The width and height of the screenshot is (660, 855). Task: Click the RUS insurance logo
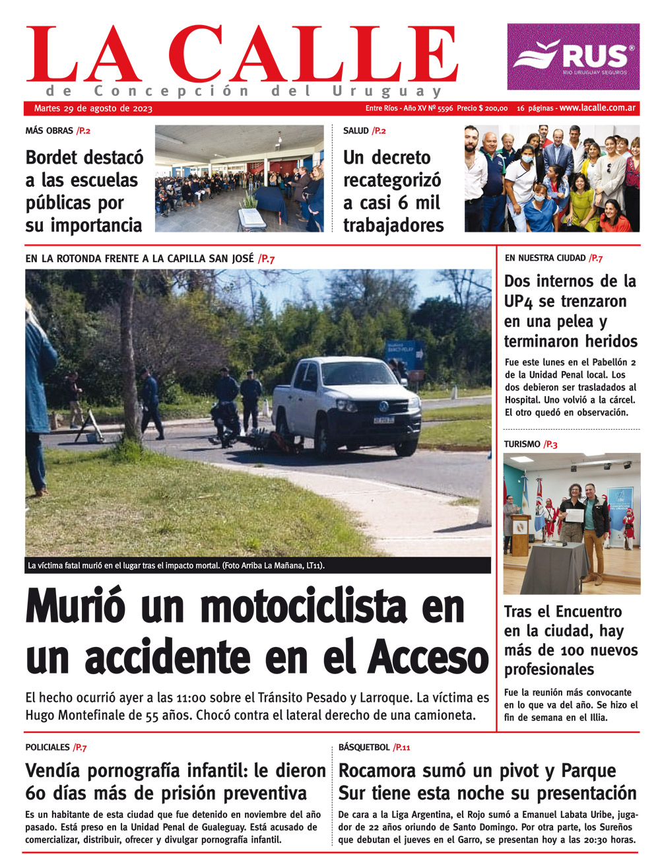coord(573,57)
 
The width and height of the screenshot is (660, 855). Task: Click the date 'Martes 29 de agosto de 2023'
coord(93,108)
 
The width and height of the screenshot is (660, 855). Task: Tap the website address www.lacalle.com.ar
coord(597,108)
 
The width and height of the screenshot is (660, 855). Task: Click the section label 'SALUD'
coord(356,131)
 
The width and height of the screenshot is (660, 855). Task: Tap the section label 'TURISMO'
coord(521,444)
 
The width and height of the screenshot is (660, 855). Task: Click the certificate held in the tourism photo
coord(574,515)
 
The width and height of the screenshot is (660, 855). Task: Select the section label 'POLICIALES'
coord(48,747)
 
